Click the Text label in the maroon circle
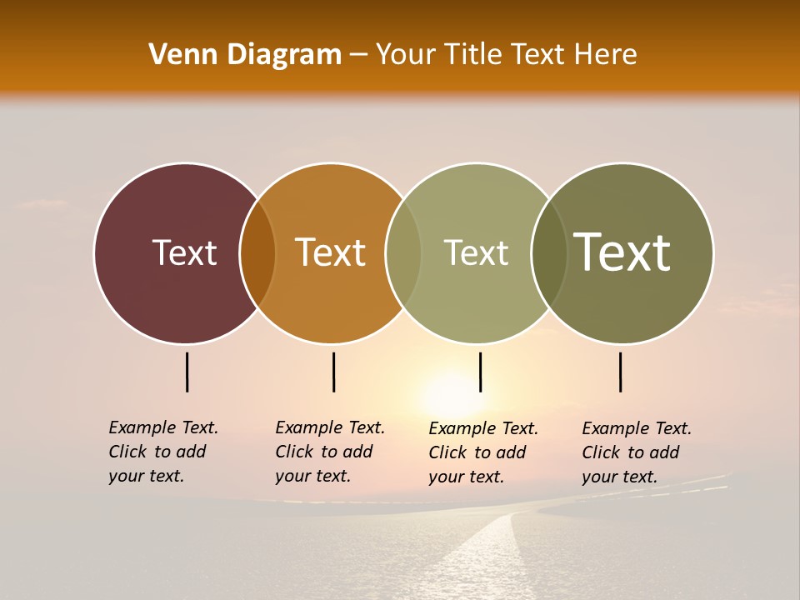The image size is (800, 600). pos(184,252)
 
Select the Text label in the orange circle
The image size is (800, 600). pos(330,252)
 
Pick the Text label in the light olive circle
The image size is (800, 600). pos(476,252)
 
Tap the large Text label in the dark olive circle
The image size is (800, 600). pos(622,252)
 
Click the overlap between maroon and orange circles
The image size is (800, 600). pos(257,253)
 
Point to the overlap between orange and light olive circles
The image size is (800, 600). pos(403,253)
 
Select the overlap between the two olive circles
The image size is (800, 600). pos(548,253)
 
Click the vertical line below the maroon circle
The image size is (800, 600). pos(187,372)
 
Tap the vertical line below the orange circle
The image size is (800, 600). pos(333,372)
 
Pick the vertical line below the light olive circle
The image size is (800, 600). pos(480,372)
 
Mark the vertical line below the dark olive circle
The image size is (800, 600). pos(621,372)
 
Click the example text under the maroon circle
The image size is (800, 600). pos(162,452)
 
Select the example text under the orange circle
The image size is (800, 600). pos(329,452)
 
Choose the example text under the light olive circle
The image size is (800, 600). pos(482,452)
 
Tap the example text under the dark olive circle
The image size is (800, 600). pos(636,452)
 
